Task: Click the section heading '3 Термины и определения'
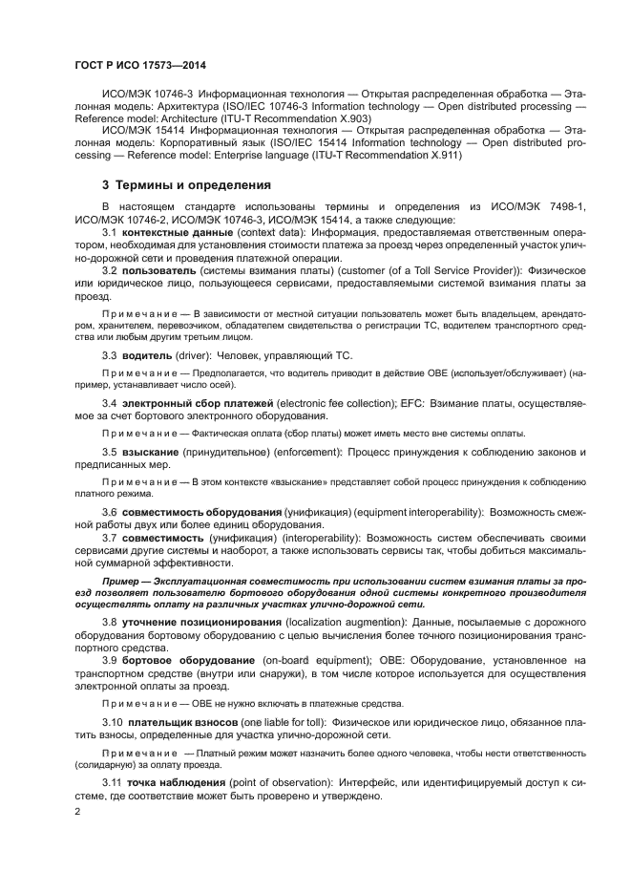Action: pos(186,184)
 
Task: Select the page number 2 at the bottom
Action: pos(77,812)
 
